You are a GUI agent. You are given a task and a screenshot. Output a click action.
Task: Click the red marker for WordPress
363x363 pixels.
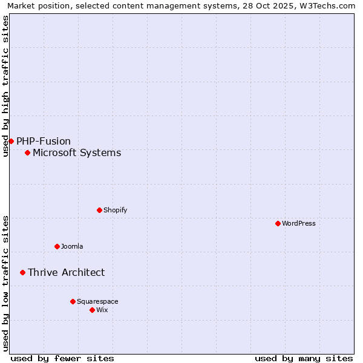[x=278, y=223]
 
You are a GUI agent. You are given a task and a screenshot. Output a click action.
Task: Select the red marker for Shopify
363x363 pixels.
[x=99, y=210]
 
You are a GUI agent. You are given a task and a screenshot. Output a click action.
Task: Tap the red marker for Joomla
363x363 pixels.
[x=57, y=246]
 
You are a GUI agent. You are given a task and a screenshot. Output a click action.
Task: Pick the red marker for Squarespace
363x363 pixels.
[x=73, y=301]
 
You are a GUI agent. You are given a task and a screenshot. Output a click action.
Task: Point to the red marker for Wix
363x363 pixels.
[x=92, y=310]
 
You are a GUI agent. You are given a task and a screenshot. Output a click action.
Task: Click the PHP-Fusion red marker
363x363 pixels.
[x=11, y=141]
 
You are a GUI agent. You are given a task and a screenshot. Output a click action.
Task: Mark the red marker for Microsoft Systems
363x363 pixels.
[x=27, y=152]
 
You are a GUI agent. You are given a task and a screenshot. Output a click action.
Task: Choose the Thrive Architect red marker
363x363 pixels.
[x=22, y=272]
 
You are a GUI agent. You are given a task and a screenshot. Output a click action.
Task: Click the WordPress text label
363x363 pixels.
[x=299, y=223]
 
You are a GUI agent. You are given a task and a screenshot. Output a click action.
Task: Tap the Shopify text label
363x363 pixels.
[x=115, y=210]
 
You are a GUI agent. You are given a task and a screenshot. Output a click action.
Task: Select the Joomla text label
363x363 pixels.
[x=72, y=246]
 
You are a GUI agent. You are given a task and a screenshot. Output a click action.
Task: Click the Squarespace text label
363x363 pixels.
[x=97, y=301]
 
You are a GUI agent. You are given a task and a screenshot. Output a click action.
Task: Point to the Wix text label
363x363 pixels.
[x=102, y=310]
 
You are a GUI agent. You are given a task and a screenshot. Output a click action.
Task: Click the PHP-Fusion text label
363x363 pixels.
[x=44, y=141]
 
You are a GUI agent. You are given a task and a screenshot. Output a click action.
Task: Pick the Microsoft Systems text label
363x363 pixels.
[x=77, y=152]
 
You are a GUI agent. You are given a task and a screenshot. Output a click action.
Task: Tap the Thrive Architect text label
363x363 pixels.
[x=66, y=272]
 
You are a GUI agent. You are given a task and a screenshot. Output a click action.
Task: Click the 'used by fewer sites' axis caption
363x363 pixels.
[x=62, y=358]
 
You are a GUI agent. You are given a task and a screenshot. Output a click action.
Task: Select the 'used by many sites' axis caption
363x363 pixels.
[x=304, y=358]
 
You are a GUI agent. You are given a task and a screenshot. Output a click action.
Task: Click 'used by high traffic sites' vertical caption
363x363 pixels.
[x=5, y=86]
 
